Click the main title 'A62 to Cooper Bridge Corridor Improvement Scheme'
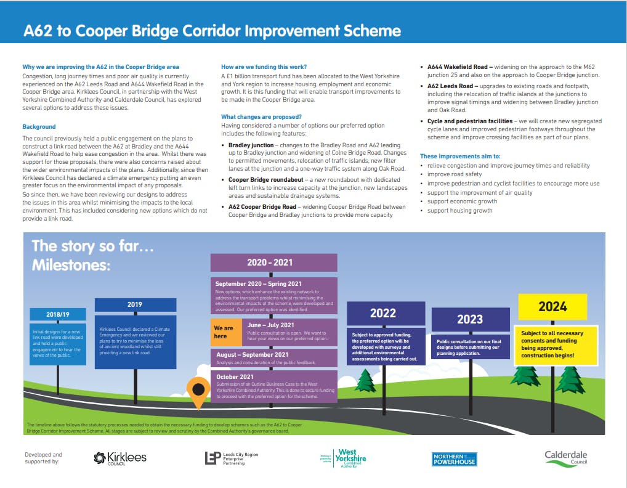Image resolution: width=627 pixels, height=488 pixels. click(212, 31)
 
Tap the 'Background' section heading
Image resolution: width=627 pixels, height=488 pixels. click(39, 127)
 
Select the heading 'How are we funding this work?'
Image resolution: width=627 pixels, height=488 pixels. click(264, 67)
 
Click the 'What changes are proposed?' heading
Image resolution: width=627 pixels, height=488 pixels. click(261, 116)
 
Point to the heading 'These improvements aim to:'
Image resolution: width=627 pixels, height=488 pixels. click(460, 156)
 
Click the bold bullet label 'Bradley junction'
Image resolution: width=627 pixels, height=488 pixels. click(251, 145)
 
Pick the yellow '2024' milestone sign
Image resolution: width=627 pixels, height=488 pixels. click(552, 306)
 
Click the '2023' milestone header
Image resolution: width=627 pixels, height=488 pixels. click(470, 320)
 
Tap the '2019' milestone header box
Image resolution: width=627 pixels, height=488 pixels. click(135, 304)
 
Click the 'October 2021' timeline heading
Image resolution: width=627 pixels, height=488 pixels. click(235, 376)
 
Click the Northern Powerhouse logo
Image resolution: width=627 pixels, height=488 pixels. click(455, 459)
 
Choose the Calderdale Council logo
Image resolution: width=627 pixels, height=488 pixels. click(565, 458)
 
